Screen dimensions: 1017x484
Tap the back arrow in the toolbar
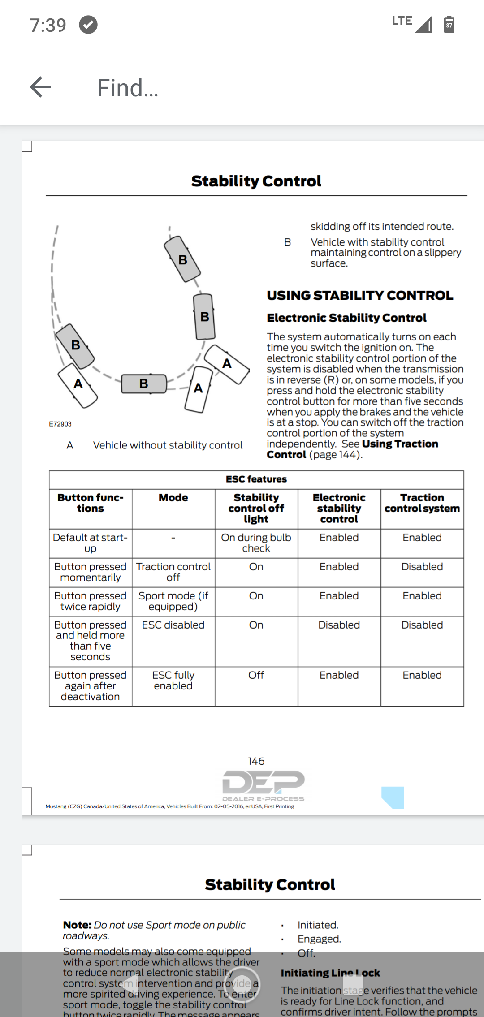coord(41,87)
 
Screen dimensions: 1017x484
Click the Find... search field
coord(128,88)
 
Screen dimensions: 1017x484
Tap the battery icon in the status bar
coord(449,25)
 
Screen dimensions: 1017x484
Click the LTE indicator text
coord(402,21)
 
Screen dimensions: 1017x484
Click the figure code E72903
coord(60,424)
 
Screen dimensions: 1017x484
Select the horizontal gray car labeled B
coord(144,384)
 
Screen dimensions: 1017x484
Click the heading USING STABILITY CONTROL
coord(360,296)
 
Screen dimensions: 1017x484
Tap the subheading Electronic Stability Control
coord(346,318)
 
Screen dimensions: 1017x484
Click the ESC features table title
coord(256,479)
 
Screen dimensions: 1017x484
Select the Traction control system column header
coord(422,503)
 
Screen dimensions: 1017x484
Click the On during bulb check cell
coord(256,543)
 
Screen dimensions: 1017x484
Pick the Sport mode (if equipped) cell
coord(173,601)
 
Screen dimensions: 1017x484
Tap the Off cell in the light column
coord(256,675)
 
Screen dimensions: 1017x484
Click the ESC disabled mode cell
coord(173,625)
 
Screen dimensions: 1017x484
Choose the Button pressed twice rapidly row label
coord(90,601)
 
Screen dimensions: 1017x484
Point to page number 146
coord(256,761)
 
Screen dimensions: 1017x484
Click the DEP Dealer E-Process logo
coord(263,785)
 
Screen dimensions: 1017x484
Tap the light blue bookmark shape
coord(393,797)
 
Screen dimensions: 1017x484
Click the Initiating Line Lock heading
coord(330,973)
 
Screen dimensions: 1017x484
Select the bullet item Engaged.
coord(319,939)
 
